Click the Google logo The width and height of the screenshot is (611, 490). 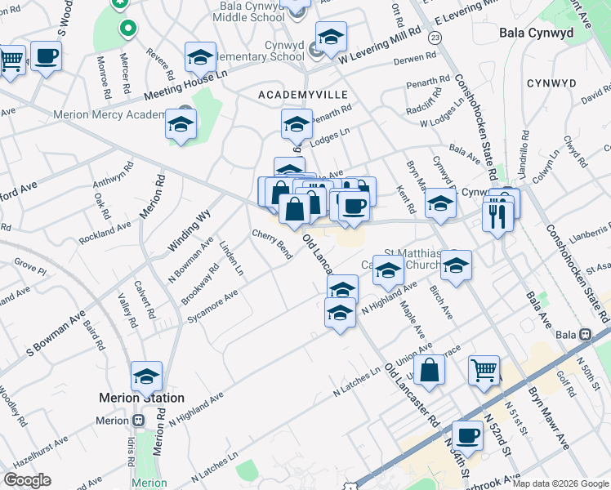[28, 480]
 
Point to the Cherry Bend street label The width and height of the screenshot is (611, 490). [272, 244]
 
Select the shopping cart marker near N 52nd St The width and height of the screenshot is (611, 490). [484, 370]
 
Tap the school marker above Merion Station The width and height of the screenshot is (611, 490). [147, 376]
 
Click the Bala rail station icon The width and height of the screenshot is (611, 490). [585, 335]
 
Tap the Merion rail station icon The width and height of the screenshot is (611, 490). [138, 421]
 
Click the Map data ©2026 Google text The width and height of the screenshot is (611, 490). [560, 483]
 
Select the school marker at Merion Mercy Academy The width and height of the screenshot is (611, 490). [181, 125]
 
